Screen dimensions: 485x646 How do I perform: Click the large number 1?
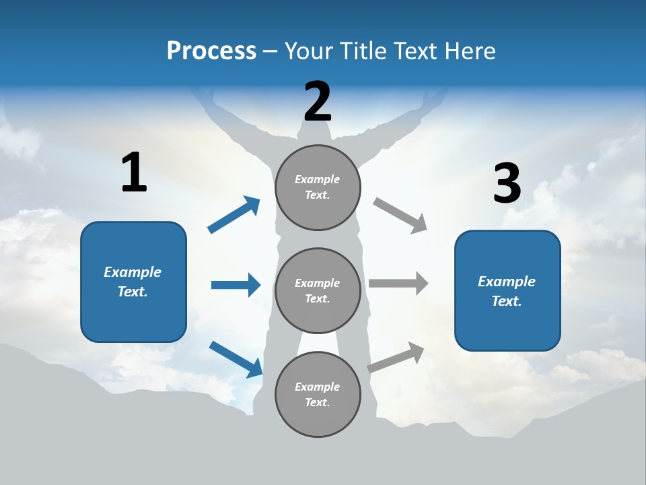(x=134, y=173)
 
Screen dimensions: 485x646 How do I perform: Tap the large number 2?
(x=318, y=102)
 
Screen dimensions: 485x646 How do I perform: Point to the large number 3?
(x=507, y=184)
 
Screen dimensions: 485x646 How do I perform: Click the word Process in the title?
(x=211, y=51)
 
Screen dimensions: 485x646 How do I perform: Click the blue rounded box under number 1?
(x=133, y=282)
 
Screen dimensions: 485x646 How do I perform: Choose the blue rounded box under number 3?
(x=507, y=290)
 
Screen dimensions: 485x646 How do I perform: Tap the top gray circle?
(x=318, y=187)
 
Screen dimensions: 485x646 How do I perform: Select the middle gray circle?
(x=318, y=290)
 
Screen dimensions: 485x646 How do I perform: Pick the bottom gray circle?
(x=318, y=394)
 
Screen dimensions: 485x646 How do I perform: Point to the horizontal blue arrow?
(x=236, y=285)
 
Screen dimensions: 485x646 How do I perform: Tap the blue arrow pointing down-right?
(x=236, y=358)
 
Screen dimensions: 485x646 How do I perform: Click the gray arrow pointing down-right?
(x=400, y=215)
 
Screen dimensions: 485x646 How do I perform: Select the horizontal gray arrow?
(x=398, y=283)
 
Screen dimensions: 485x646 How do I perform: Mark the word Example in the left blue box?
(x=133, y=272)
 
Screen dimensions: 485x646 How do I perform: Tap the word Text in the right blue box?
(x=505, y=301)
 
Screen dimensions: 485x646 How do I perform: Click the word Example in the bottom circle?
(x=317, y=387)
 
